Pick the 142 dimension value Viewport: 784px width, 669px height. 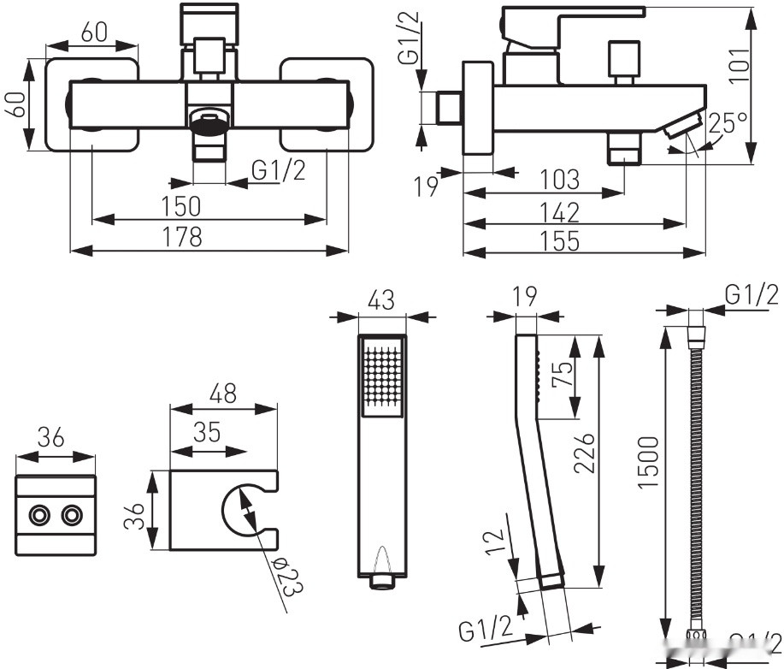click(x=559, y=211)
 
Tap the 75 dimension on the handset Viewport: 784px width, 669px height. click(x=561, y=375)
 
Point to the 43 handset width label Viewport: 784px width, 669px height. click(x=380, y=300)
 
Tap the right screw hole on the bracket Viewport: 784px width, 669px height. click(x=73, y=515)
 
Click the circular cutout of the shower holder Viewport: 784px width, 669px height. click(x=243, y=510)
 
